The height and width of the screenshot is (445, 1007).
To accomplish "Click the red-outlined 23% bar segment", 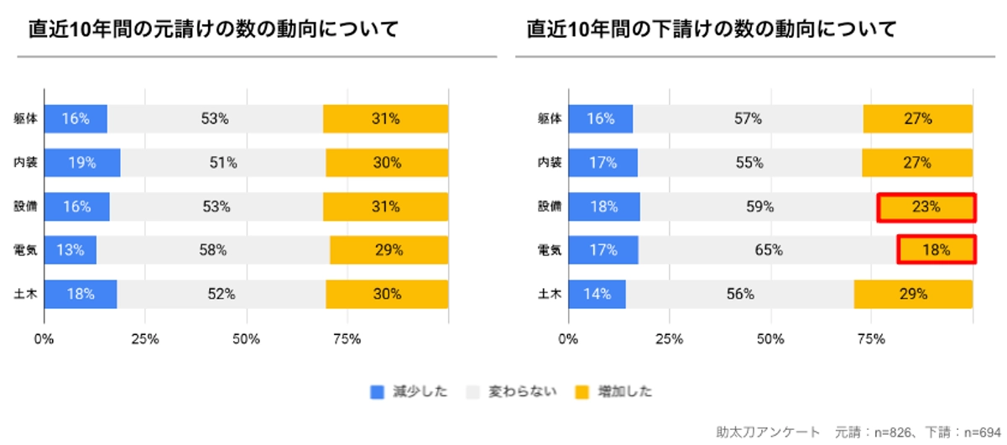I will [x=926, y=207].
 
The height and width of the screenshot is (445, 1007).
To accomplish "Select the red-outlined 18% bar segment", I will [x=937, y=249].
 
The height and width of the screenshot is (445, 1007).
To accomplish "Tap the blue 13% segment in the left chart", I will [x=70, y=249].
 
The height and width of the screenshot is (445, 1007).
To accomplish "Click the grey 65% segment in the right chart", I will [x=768, y=249].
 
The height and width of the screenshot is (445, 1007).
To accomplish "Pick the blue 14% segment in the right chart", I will [x=597, y=294].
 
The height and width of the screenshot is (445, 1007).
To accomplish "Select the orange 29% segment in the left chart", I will [x=389, y=249].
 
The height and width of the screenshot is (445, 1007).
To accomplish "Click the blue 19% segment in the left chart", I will [x=82, y=163].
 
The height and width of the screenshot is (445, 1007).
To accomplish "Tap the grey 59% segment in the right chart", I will [x=759, y=207].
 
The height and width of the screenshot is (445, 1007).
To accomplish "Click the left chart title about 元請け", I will [x=213, y=29].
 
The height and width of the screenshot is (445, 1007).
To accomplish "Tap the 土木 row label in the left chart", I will [x=24, y=294].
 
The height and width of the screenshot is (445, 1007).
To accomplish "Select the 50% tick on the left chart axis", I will [x=247, y=339].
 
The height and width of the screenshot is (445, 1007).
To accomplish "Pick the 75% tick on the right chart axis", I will [x=871, y=339].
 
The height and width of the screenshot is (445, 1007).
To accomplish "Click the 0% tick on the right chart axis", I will [x=568, y=339].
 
